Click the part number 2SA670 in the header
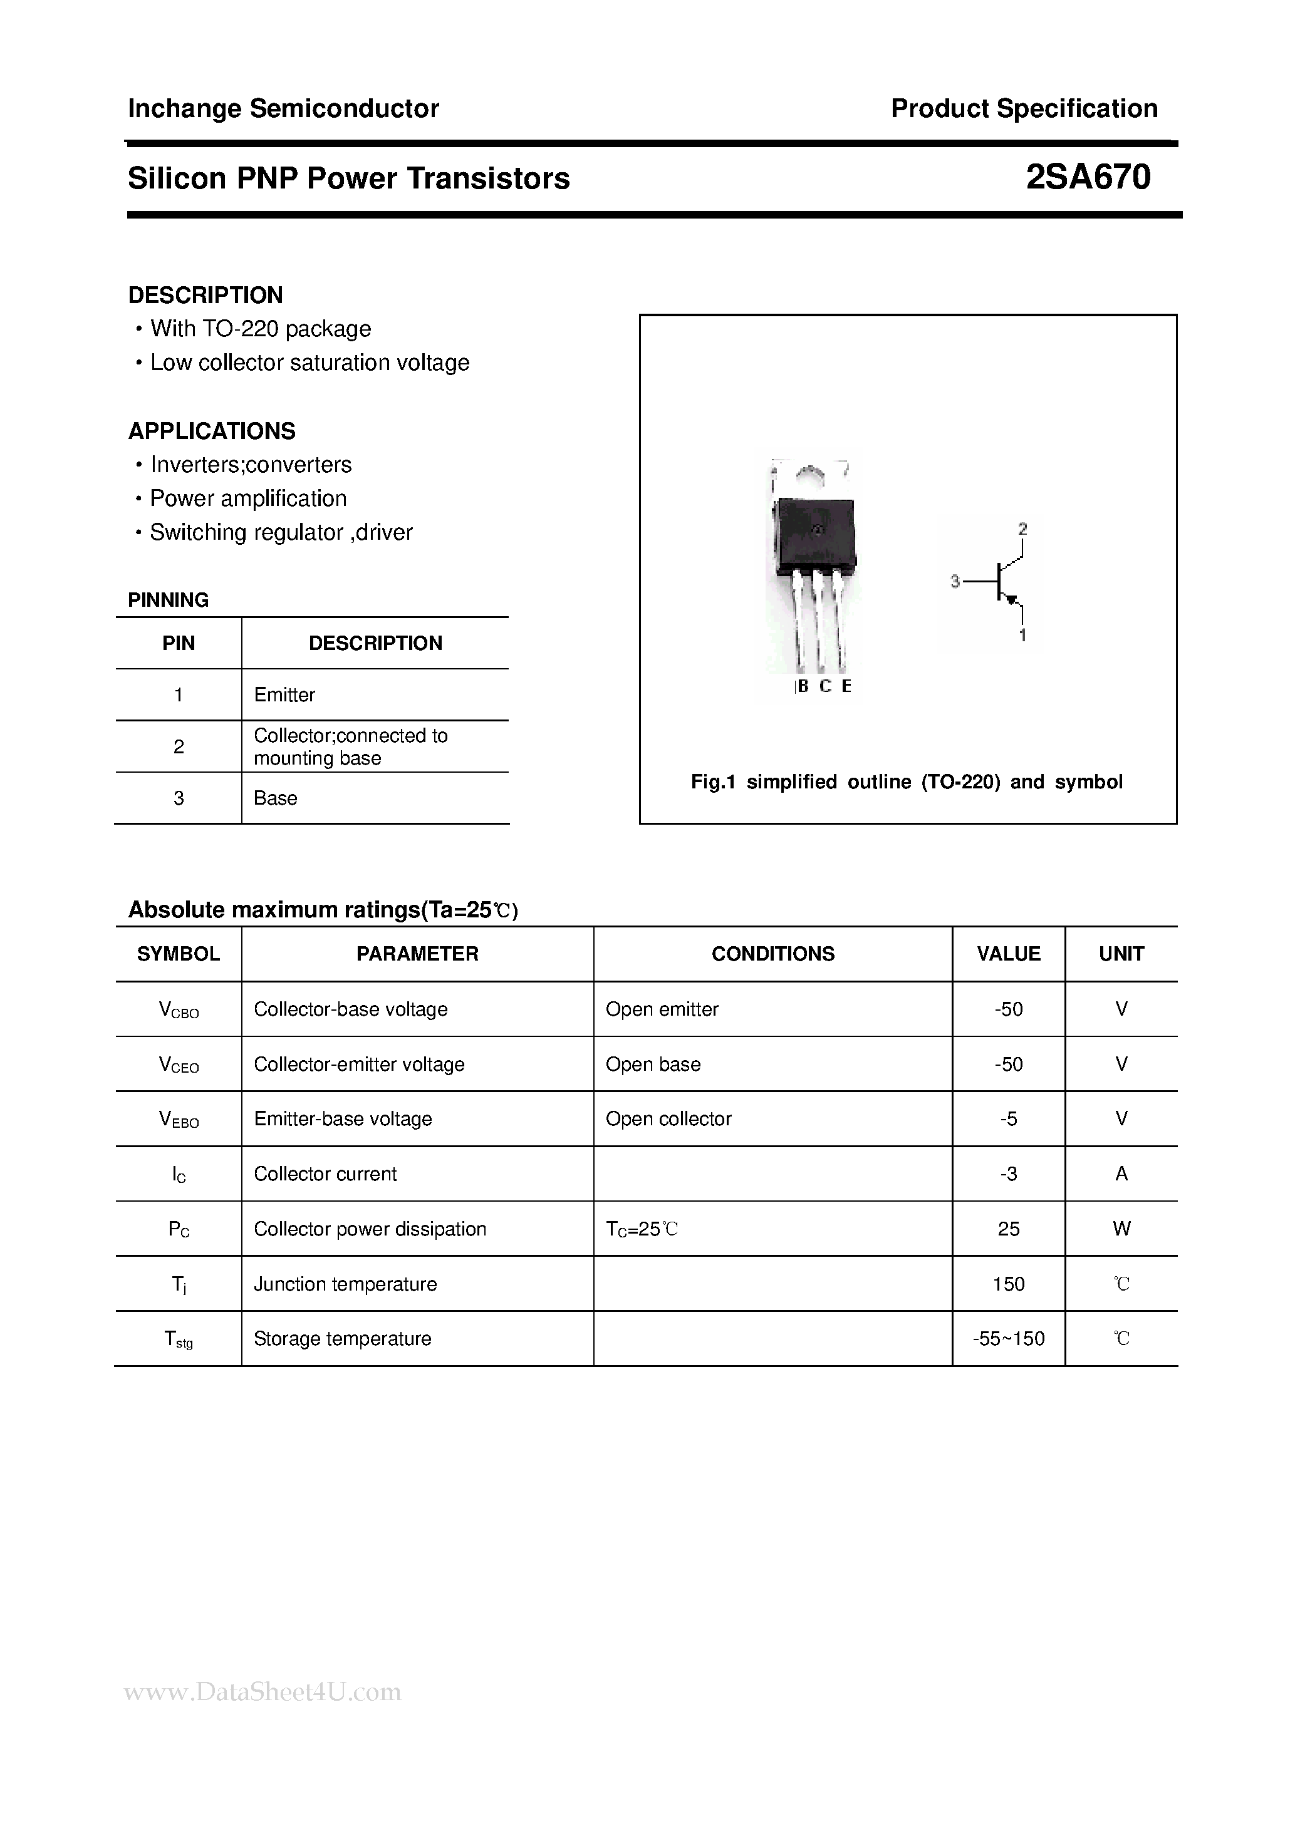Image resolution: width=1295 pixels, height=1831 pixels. click(1088, 177)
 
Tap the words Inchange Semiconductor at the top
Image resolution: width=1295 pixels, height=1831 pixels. click(283, 108)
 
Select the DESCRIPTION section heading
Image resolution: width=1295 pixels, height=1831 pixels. click(205, 295)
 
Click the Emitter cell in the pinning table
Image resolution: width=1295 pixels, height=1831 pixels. click(284, 694)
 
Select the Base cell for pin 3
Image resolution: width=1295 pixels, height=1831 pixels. click(275, 798)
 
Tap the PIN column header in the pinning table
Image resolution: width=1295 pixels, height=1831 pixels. click(178, 644)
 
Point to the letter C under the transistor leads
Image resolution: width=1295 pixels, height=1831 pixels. click(825, 686)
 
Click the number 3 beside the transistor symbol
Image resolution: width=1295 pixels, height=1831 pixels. click(954, 582)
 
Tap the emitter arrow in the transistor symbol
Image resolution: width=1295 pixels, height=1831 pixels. click(1012, 600)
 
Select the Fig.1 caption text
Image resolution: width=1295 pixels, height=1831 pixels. click(907, 782)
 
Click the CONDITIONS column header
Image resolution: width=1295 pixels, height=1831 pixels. click(772, 954)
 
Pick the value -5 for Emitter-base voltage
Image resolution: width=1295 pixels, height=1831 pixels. click(1009, 1119)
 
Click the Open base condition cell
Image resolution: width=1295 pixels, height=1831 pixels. click(653, 1065)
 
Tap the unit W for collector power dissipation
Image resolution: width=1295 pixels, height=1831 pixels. click(1121, 1229)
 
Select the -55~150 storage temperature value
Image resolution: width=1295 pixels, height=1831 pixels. click(1009, 1339)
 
